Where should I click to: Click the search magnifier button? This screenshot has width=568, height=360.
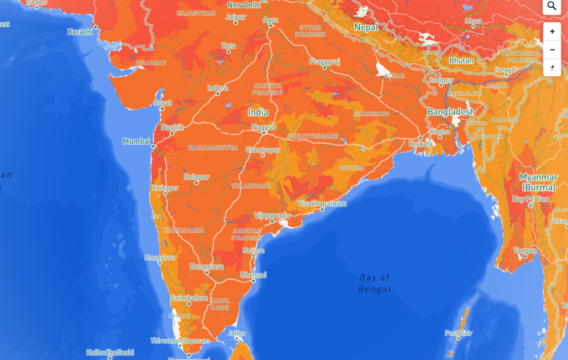tap(552, 6)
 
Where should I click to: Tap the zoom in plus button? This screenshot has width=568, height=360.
tap(552, 32)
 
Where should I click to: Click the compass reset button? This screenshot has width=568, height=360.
tap(552, 67)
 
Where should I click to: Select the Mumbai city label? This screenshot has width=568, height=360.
tap(136, 142)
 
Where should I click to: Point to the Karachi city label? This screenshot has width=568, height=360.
tap(80, 32)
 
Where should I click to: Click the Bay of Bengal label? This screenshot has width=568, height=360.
tap(375, 283)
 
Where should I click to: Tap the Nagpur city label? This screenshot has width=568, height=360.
tap(264, 127)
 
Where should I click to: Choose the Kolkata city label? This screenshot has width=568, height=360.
tap(420, 144)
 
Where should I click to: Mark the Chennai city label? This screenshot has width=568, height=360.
tap(254, 275)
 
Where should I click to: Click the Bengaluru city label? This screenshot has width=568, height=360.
tap(207, 266)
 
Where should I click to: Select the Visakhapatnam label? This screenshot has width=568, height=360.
tap(322, 204)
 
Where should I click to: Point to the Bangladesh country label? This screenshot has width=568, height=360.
tap(451, 112)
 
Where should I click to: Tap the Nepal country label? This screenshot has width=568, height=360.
tap(366, 28)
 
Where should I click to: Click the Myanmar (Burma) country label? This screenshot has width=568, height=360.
tap(539, 182)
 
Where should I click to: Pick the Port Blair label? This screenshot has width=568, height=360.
tap(458, 333)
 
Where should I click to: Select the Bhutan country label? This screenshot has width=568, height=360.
tap(461, 61)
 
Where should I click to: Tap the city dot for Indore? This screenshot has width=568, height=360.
tap(218, 95)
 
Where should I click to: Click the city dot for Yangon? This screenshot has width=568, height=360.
tap(525, 257)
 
